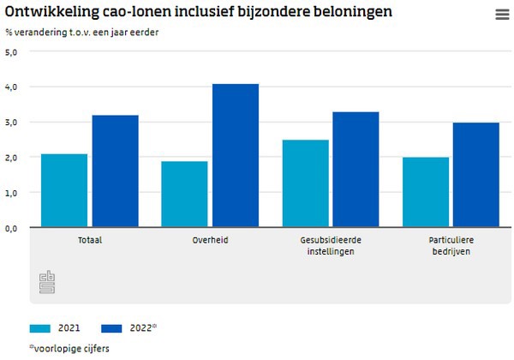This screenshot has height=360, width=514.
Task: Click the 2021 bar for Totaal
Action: (64, 190)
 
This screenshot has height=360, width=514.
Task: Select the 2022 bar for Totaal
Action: (115, 171)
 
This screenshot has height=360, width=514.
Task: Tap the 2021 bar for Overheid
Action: (184, 195)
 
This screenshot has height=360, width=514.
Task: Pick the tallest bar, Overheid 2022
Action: (236, 155)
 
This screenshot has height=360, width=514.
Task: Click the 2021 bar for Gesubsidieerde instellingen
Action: (305, 183)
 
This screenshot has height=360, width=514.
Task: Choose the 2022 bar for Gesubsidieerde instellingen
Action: (356, 170)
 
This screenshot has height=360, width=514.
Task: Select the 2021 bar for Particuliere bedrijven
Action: (426, 192)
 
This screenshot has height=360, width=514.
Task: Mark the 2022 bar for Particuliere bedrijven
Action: (476, 175)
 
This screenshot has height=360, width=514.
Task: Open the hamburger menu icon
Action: (502, 15)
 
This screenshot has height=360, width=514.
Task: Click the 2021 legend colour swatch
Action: (40, 327)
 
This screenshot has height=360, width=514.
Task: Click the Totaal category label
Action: (89, 240)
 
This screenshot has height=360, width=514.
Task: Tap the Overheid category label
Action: (210, 240)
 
